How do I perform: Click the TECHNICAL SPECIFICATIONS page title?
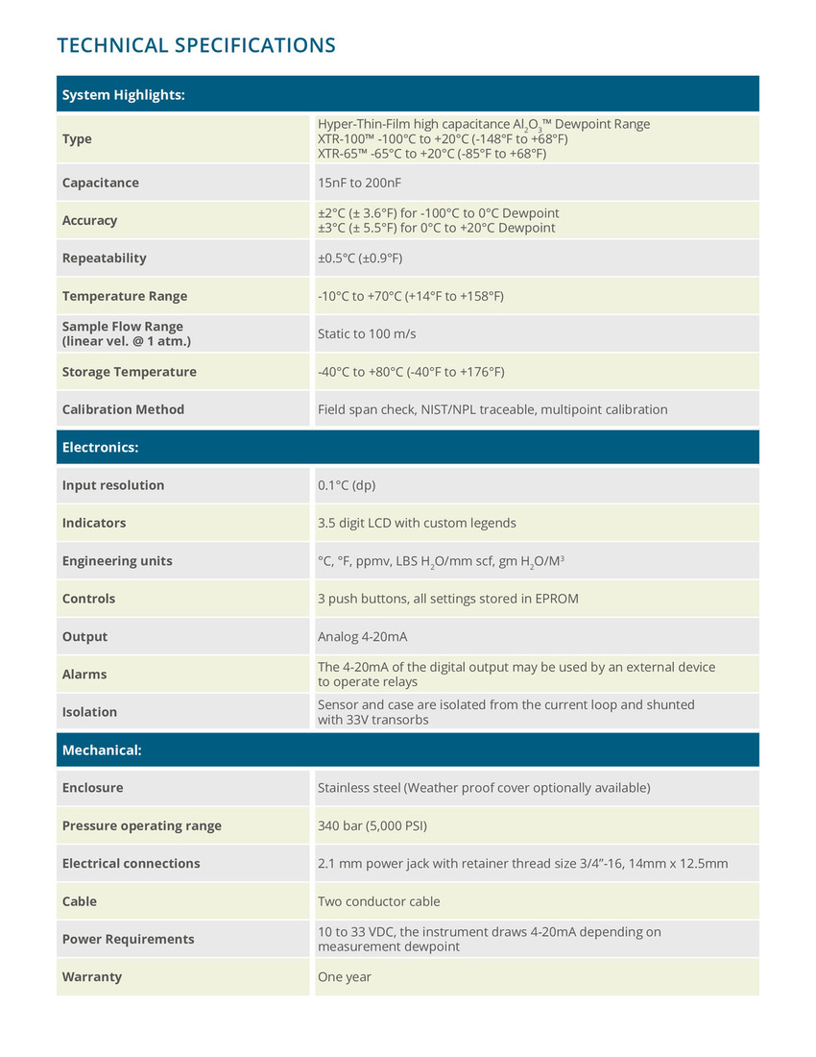(196, 45)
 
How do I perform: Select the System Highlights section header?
(123, 94)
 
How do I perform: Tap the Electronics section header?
(100, 447)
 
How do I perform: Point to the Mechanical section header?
(102, 750)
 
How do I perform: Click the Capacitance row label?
(100, 183)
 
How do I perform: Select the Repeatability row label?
(104, 258)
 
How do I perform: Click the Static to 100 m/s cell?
(366, 333)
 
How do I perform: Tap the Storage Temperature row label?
(129, 372)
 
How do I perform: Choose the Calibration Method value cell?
(492, 409)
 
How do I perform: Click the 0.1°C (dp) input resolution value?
(347, 485)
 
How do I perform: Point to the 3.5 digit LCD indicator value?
(417, 523)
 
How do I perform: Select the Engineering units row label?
(117, 560)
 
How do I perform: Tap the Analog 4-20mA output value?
(362, 636)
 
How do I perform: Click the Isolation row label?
(89, 712)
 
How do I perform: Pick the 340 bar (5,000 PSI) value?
(372, 825)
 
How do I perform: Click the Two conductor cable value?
(378, 901)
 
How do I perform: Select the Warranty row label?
(91, 976)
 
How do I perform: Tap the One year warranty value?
(344, 976)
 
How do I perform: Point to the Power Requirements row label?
(128, 939)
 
